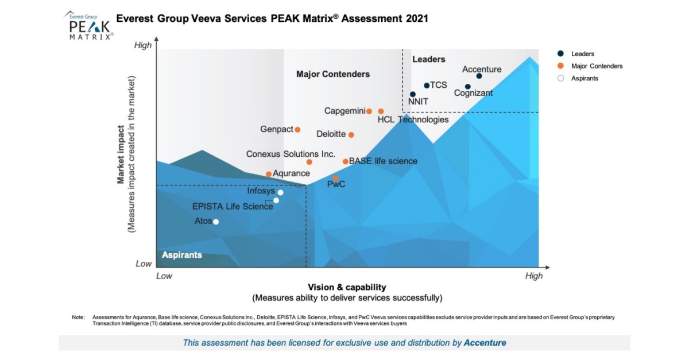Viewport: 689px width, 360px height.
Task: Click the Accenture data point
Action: click(x=479, y=76)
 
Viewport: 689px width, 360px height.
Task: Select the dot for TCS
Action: click(x=427, y=86)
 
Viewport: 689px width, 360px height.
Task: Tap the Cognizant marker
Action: click(x=468, y=87)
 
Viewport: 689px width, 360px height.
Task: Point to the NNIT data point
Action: click(x=412, y=94)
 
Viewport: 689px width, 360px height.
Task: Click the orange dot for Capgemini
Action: click(x=369, y=111)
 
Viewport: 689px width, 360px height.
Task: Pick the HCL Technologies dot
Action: click(x=381, y=111)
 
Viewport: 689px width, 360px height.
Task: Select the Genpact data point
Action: click(x=297, y=130)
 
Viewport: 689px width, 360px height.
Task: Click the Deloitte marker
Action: click(x=351, y=135)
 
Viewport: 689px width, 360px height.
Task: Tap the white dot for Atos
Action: click(x=216, y=222)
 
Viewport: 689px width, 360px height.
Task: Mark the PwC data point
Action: click(x=336, y=179)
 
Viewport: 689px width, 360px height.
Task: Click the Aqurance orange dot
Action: click(x=269, y=174)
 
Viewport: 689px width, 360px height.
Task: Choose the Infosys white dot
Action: click(x=280, y=192)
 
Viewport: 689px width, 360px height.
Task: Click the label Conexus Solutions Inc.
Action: click(x=291, y=154)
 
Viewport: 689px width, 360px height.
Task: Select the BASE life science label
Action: click(x=383, y=161)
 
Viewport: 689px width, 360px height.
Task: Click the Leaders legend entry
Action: click(x=582, y=54)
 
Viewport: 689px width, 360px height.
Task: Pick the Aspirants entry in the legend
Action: click(x=585, y=78)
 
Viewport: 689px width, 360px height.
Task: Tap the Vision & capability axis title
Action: click(x=347, y=287)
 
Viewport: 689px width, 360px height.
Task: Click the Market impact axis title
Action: click(x=121, y=155)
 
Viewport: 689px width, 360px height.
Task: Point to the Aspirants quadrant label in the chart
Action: click(x=181, y=255)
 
